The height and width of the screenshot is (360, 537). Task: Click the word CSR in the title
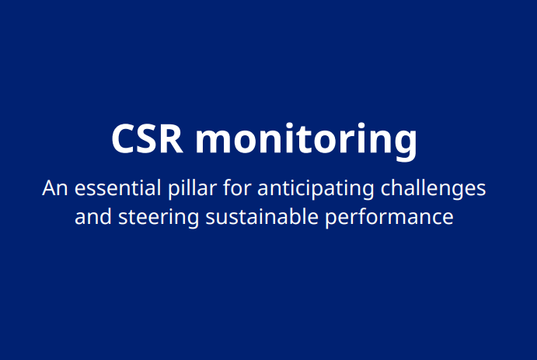[x=148, y=139]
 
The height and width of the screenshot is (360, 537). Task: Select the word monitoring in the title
[x=306, y=141]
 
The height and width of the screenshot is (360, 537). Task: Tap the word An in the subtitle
[x=54, y=189]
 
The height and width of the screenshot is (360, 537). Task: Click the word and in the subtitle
[x=92, y=217]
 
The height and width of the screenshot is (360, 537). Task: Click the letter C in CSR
[x=124, y=139]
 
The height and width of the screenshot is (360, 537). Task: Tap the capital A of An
[x=49, y=189]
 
